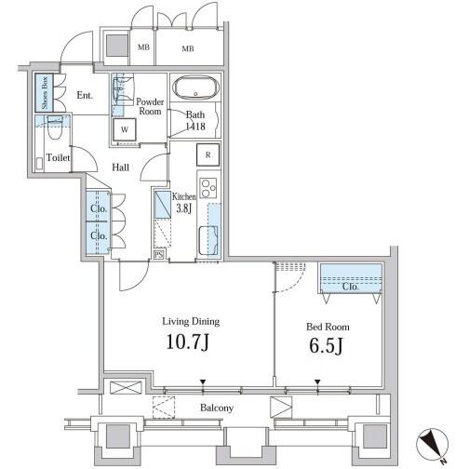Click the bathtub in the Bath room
coord(195,87)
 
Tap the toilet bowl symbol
coord(56,127)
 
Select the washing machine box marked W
coord(125,129)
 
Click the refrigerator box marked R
coord(208,154)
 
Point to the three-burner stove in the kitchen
coord(208,188)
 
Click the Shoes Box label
coord(45,92)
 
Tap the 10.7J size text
coord(188,342)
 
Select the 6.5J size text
coord(326,346)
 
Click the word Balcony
coord(217,408)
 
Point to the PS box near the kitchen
coord(158,255)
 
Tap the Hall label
coord(120,167)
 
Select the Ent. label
coord(85,95)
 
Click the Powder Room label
coord(150,106)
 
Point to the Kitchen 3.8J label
coord(184,202)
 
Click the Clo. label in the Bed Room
coord(350,287)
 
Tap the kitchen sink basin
coord(208,241)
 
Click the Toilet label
coord(58,157)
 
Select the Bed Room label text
coord(328,327)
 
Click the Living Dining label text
coord(191,322)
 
